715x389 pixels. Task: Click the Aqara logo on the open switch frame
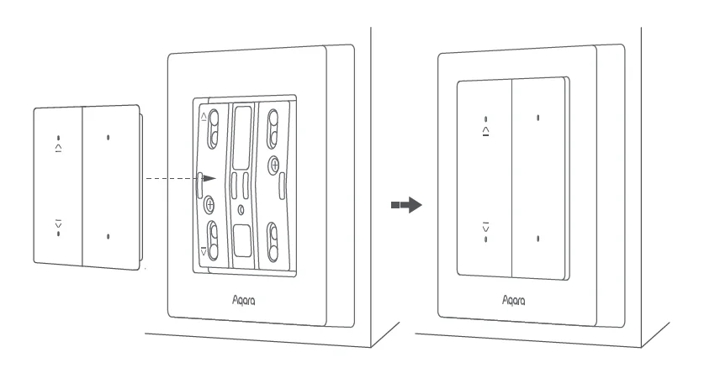[x=243, y=299]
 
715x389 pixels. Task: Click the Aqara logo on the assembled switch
[x=513, y=299]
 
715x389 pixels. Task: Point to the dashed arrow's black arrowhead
[x=209, y=179]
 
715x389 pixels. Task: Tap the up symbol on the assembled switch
[x=486, y=131]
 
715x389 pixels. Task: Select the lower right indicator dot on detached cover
[x=109, y=236]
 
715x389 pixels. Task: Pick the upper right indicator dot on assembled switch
[x=538, y=118]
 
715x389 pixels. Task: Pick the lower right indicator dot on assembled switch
[x=538, y=239]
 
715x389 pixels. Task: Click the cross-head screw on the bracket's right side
[x=274, y=164]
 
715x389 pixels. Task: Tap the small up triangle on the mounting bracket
[x=204, y=117]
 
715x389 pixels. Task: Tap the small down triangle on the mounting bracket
[x=204, y=250]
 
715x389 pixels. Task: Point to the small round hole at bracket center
[x=241, y=208]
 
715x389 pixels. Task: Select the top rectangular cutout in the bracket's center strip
[x=242, y=126]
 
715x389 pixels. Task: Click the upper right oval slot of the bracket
[x=273, y=126]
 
